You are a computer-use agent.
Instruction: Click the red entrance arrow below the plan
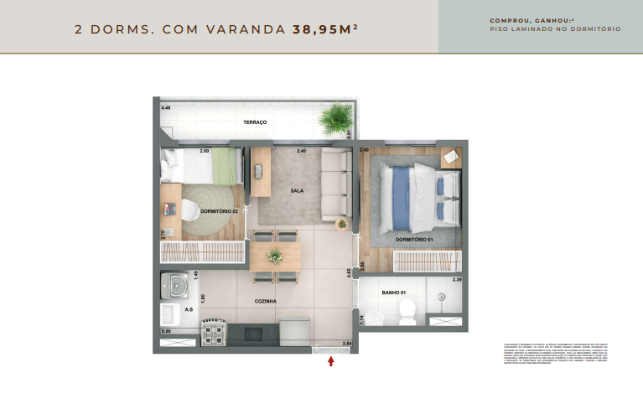click(331, 361)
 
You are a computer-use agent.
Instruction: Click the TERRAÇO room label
click(255, 122)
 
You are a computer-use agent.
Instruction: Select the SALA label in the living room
click(297, 190)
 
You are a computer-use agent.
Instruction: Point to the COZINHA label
click(266, 301)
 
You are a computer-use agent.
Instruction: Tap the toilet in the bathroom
click(407, 313)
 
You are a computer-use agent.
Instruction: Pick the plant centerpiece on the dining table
click(274, 256)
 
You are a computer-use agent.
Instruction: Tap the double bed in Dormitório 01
click(411, 197)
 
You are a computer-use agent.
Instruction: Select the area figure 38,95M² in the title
click(325, 28)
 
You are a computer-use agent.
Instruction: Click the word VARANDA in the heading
click(251, 28)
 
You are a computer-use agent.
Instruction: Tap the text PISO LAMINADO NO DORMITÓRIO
click(555, 29)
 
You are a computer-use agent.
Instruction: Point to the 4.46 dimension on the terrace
click(166, 108)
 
